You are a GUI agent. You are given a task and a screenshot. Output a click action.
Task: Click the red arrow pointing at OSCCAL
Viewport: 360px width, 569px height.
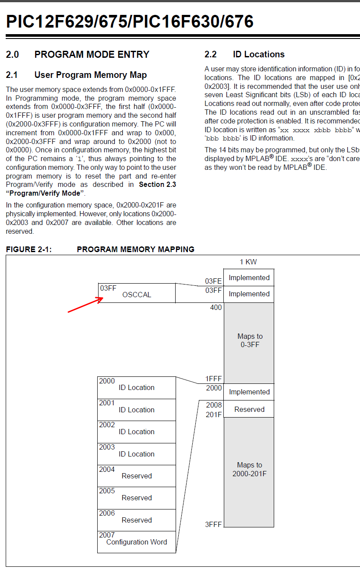(85, 305)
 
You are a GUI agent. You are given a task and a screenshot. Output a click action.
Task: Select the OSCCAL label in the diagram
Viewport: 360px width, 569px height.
(137, 295)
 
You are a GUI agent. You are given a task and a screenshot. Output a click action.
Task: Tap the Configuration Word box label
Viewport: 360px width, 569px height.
(137, 542)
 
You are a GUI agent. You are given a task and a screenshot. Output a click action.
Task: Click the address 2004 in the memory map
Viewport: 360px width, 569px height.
(107, 469)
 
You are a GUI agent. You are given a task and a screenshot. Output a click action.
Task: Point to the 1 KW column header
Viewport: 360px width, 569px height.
(248, 262)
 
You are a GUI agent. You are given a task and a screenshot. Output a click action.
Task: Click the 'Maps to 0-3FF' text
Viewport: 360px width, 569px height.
(250, 340)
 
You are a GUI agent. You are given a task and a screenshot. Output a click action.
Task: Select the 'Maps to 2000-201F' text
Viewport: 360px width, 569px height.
(250, 469)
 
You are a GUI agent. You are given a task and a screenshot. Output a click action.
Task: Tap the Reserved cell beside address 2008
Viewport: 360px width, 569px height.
(249, 409)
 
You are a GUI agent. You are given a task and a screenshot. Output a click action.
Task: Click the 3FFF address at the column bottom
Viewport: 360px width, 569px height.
(213, 524)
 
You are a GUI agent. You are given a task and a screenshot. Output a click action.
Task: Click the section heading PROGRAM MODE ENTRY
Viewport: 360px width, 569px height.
(92, 54)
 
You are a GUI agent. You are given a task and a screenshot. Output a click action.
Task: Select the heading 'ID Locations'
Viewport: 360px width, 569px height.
(258, 54)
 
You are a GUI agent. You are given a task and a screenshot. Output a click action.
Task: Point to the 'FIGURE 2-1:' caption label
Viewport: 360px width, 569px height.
(28, 249)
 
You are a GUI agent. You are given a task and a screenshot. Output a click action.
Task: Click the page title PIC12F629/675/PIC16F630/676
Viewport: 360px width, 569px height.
(130, 21)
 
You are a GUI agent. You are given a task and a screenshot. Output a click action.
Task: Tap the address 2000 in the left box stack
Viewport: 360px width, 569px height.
(107, 381)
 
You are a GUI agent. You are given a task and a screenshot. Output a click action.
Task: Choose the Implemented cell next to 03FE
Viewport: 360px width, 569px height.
(249, 277)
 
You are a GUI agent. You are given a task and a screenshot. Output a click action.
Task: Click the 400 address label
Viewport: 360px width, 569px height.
(216, 307)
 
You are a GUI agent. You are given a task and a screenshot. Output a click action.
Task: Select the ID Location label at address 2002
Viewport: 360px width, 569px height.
(137, 432)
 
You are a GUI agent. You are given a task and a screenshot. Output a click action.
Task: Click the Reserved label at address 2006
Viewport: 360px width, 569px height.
(137, 520)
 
